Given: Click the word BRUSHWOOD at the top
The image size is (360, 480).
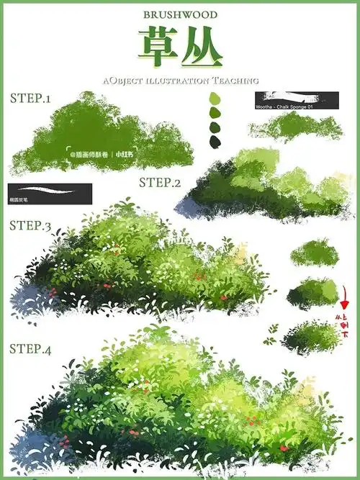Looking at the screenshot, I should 180,14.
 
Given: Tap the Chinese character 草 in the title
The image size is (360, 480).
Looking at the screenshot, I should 156,46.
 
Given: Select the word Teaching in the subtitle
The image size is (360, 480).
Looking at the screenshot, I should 235,81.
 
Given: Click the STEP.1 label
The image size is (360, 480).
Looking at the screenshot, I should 30,98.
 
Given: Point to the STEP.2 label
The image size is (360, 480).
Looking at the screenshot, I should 159,182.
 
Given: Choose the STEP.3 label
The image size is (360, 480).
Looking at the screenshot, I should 30,225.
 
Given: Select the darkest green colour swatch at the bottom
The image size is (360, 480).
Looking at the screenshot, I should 215,141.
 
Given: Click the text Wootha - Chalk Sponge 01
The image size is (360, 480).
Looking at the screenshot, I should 284,107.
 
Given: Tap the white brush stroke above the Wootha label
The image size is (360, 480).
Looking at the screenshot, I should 295,96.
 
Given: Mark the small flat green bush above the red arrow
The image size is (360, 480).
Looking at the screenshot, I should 315,253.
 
